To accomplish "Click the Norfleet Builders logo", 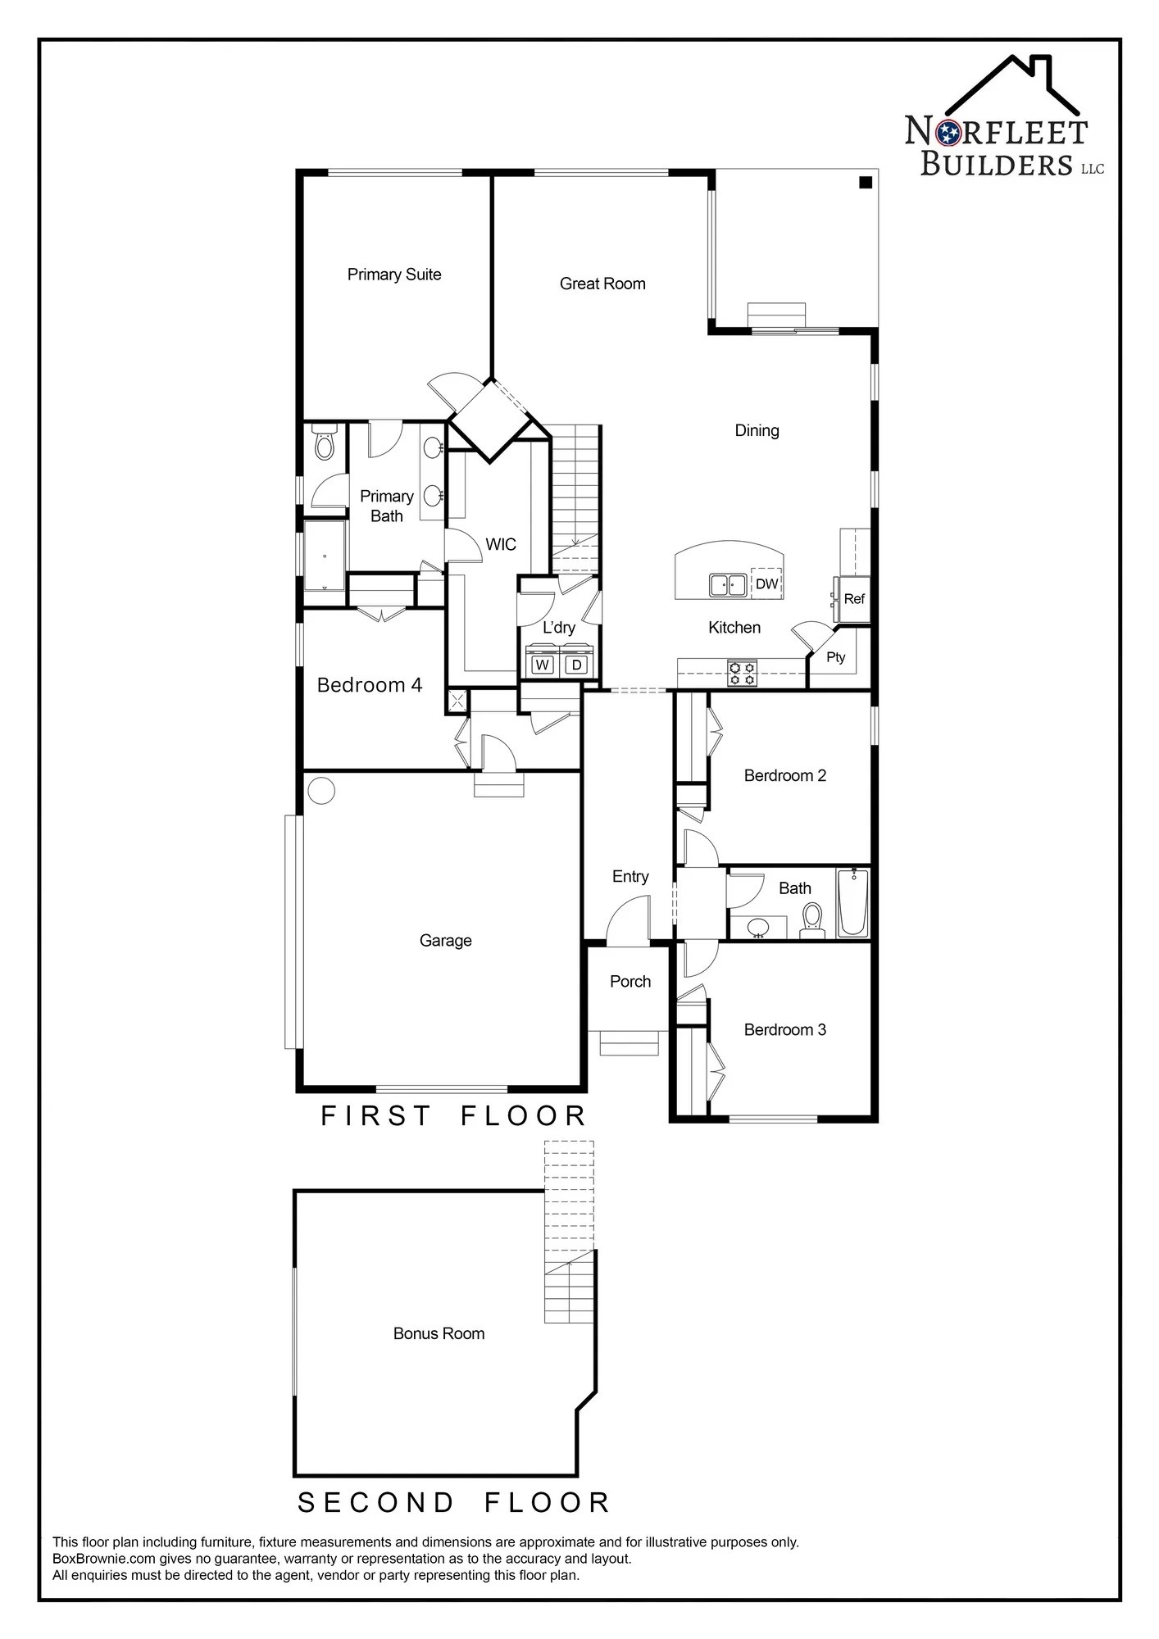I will tap(1004, 119).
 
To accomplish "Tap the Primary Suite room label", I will tap(394, 275).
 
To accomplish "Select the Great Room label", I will tap(602, 284).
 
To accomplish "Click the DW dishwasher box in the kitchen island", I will tap(767, 583).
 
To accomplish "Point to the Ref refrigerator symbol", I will tap(853, 598).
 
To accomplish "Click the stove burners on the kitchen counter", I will tap(743, 673).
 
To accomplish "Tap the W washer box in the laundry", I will tap(543, 665).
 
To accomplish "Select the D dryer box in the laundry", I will tap(576, 665).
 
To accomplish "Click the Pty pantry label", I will tap(835, 657).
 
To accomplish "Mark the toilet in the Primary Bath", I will tap(325, 443).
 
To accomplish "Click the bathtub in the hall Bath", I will tap(852, 903).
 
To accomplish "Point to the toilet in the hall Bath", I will tap(811, 918).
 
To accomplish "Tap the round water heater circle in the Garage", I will tap(321, 791).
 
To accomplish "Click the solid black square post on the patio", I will tap(865, 183).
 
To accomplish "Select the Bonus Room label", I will tap(439, 1333).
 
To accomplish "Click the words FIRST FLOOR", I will tap(453, 1115).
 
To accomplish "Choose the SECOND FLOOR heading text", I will tap(453, 1502).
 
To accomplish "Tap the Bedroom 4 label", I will tap(370, 684).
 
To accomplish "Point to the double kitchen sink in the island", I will tap(727, 585).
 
